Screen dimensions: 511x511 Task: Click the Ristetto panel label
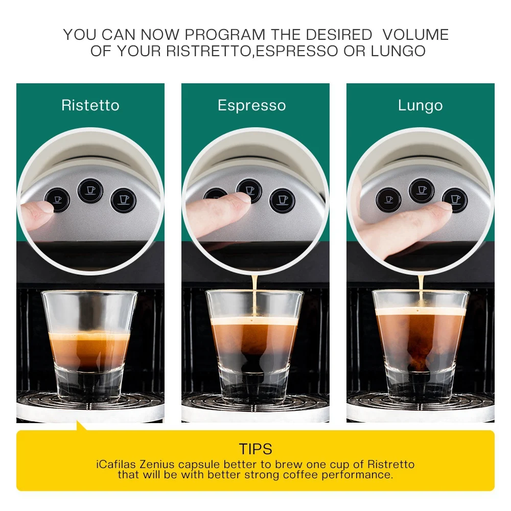[90, 105]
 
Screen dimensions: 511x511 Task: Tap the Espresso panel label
[251, 105]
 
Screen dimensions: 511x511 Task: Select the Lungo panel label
[420, 106]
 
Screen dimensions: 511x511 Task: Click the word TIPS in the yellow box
[255, 449]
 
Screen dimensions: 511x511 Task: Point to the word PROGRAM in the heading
[225, 35]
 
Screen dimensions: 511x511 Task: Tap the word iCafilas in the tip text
[117, 464]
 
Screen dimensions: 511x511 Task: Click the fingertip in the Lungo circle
[440, 208]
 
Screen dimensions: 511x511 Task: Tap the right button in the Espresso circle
[282, 200]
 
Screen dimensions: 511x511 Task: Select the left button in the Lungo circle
[388, 199]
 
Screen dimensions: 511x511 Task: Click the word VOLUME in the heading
[415, 35]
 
